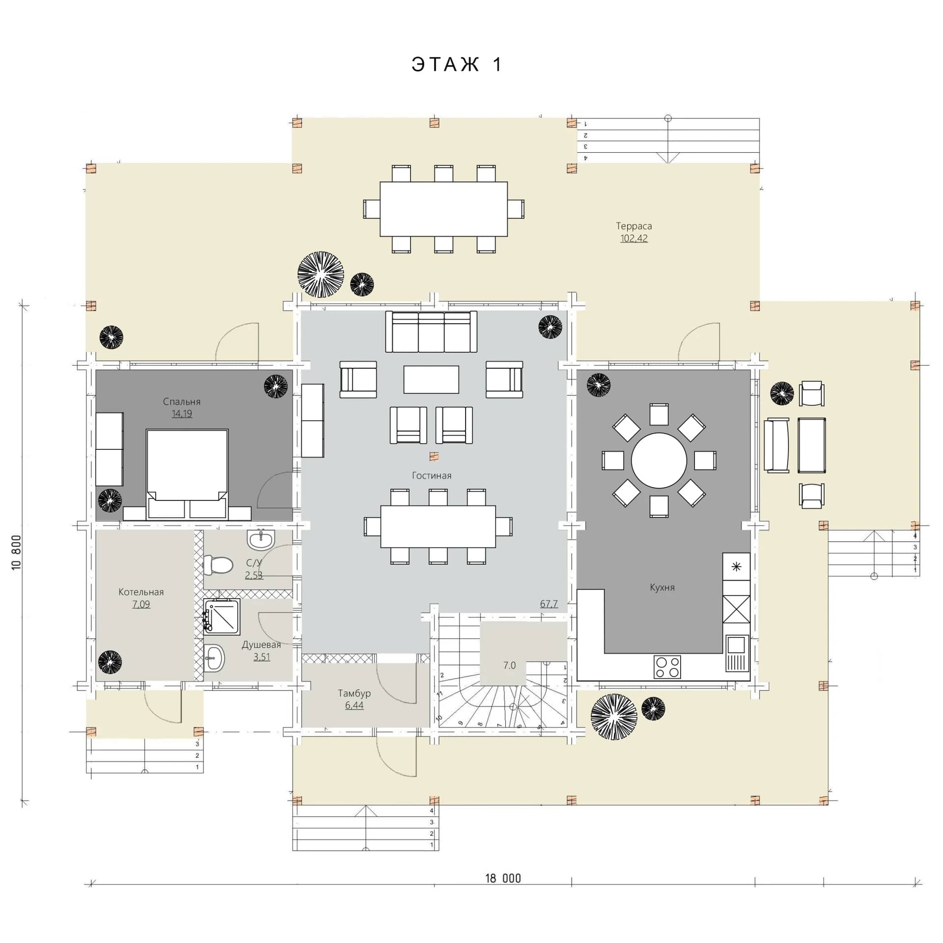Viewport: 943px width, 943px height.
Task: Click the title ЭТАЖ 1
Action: click(x=457, y=64)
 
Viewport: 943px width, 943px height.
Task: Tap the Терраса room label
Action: click(x=634, y=226)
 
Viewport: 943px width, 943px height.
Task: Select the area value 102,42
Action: click(x=634, y=239)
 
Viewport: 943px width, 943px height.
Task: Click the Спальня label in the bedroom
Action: click(x=182, y=402)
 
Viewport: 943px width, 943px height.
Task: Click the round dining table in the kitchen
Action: click(x=659, y=461)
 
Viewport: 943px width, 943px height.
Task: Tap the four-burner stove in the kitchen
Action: click(x=667, y=667)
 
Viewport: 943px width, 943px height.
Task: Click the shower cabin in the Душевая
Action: click(x=222, y=616)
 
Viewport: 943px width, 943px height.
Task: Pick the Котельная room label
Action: click(x=141, y=592)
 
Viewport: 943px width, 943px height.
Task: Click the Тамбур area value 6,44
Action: click(x=354, y=706)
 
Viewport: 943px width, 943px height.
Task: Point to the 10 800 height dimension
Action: click(x=16, y=553)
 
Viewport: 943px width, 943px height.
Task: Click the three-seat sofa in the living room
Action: click(x=431, y=332)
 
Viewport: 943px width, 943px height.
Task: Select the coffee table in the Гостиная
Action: click(x=431, y=379)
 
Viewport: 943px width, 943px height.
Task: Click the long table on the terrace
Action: click(x=444, y=209)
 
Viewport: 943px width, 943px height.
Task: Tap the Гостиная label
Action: click(x=432, y=475)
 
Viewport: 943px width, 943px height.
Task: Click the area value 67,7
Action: click(x=549, y=604)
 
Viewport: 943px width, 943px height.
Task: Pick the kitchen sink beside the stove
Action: click(x=737, y=653)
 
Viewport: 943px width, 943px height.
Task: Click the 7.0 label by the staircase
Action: click(x=509, y=666)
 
